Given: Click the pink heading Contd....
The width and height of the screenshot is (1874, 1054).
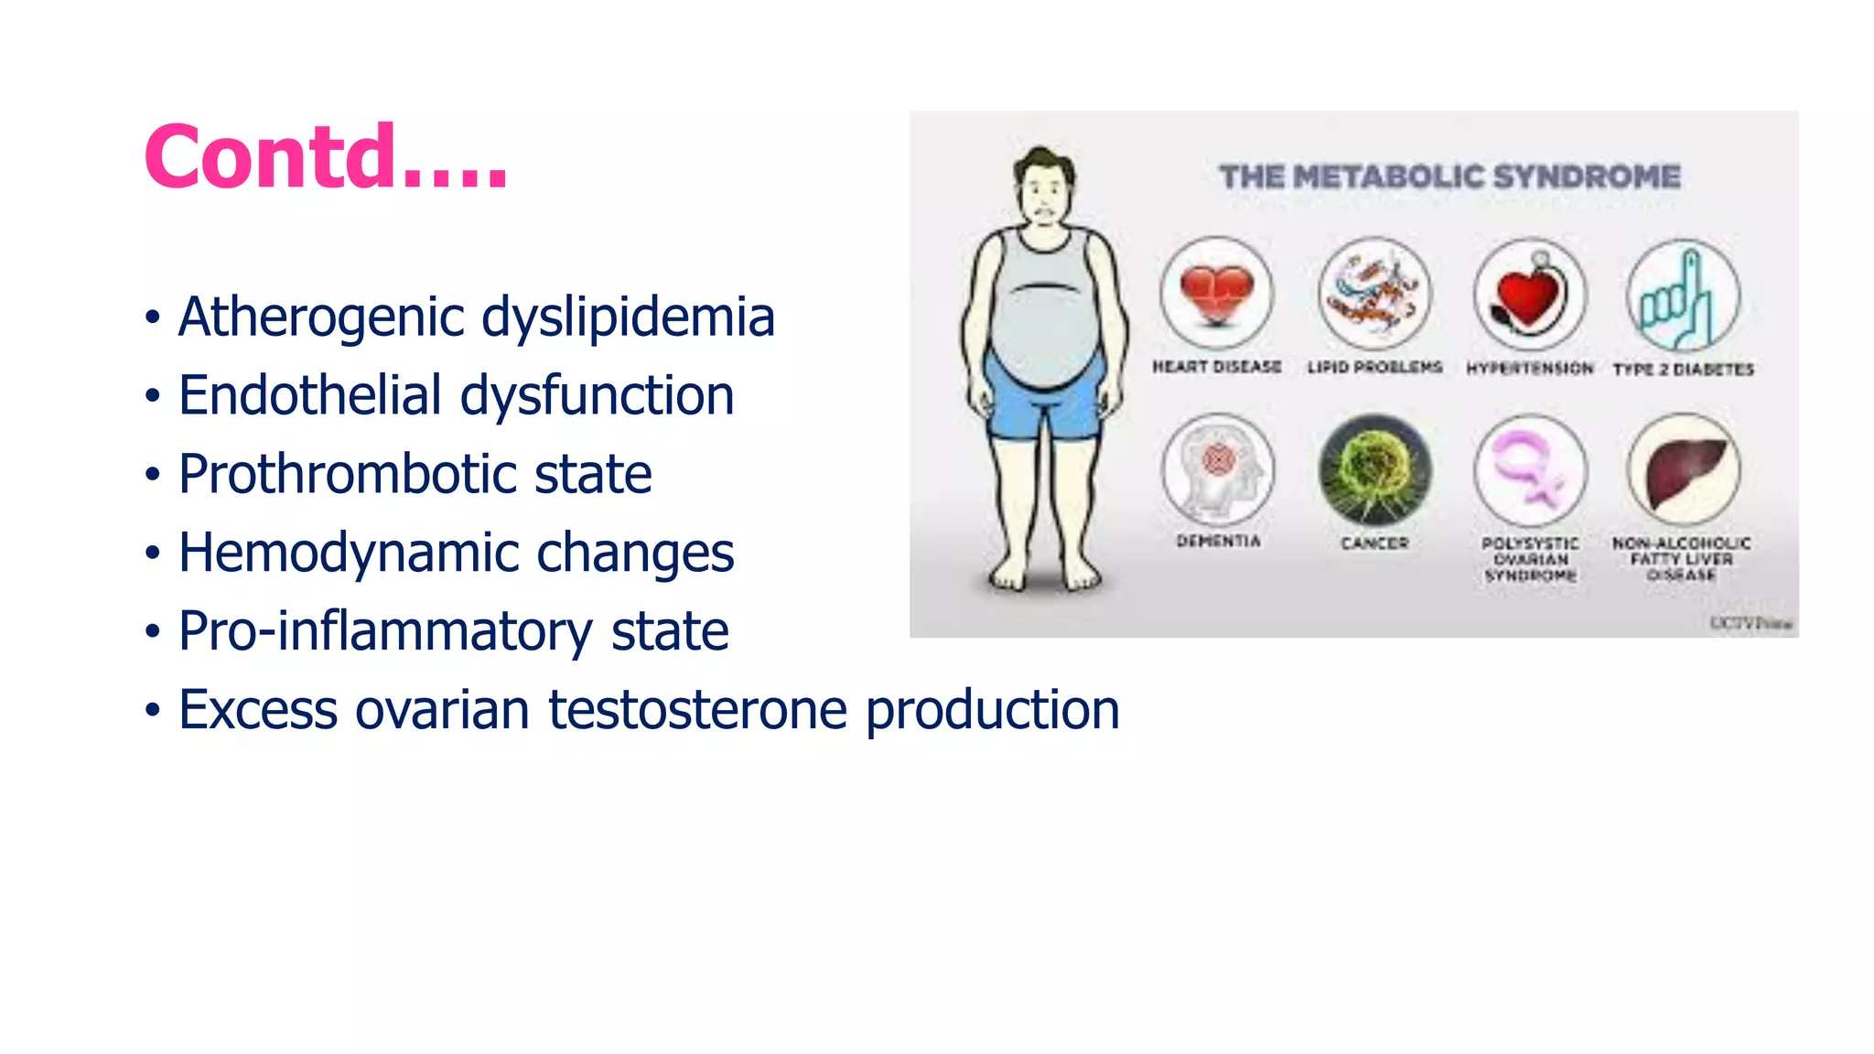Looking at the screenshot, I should [325, 157].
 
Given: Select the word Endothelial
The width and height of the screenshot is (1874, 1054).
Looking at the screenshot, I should [309, 396].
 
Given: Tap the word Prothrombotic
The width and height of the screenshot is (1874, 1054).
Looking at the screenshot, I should [347, 475].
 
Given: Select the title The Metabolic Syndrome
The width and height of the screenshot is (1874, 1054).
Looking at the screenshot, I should [1449, 177].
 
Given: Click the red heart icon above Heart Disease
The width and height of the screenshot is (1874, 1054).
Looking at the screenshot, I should [1216, 294].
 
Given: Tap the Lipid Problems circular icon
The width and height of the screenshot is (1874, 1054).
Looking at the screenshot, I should [1374, 294].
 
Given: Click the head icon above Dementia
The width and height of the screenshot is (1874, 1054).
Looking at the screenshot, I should [1218, 468].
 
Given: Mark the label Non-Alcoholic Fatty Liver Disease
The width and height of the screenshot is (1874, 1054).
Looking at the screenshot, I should [1682, 558].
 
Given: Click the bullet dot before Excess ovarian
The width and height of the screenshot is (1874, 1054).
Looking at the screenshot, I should [153, 711].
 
